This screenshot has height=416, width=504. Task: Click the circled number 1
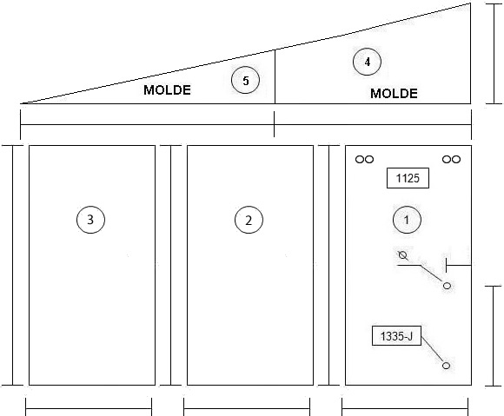407,220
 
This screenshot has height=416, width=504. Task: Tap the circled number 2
249,220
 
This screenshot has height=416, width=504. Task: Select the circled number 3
90,220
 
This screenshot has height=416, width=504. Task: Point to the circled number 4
367,62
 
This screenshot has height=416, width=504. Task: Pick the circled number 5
245,80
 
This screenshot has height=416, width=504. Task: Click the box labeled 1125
408,178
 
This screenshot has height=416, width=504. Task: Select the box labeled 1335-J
396,336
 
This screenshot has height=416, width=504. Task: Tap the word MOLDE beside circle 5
167,90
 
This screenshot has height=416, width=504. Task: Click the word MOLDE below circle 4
394,94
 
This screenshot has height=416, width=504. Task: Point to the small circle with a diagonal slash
402,255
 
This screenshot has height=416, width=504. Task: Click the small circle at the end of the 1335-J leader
446,366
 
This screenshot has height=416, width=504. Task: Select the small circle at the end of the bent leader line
447,285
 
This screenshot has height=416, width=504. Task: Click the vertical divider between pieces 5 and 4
275,76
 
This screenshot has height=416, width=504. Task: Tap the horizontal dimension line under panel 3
89,409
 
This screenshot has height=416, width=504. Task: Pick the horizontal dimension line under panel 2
247,409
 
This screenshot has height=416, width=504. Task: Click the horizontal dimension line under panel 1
405,409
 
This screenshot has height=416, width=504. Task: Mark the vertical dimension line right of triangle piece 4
494,54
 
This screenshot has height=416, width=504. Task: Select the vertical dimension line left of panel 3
13,265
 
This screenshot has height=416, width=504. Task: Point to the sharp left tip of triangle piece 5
21,103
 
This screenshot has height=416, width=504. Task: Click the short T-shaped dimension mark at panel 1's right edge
459,265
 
